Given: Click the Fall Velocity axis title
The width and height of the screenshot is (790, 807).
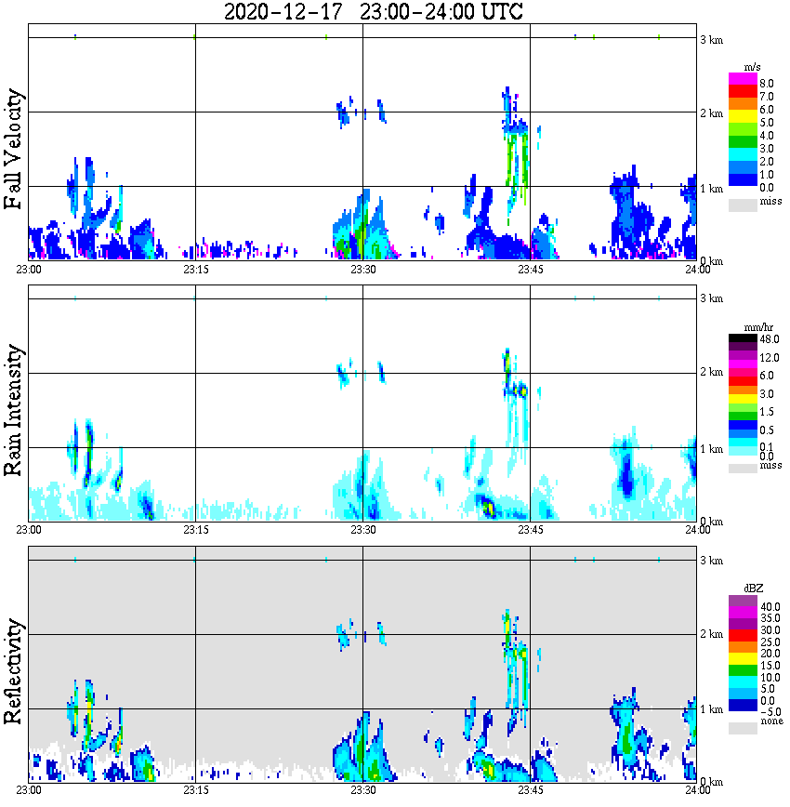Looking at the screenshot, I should point(14,150).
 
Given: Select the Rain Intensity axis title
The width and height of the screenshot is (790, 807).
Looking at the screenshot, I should point(14,410).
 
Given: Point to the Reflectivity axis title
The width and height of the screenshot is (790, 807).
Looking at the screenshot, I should point(14,670).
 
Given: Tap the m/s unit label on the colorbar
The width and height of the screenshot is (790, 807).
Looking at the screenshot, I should point(768,68).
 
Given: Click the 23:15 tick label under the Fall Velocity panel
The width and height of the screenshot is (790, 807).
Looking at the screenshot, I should point(194,270).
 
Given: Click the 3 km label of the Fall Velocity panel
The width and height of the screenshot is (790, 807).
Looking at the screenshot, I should point(711,39).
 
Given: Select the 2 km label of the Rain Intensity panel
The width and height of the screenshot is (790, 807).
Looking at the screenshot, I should point(711,373).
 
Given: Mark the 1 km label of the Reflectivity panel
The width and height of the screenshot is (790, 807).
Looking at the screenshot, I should point(711,709).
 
